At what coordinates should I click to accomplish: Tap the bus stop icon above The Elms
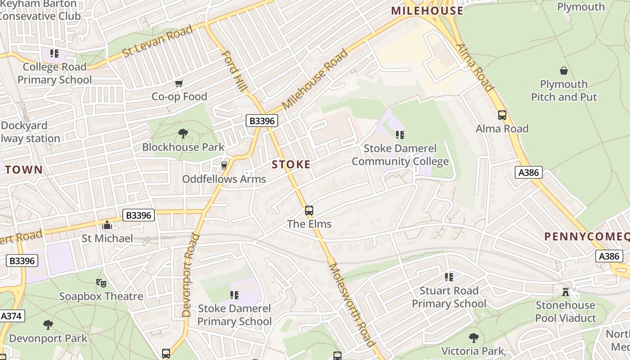pyautogui.click(x=309, y=211)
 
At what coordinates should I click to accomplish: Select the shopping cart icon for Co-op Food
pyautogui.click(x=179, y=84)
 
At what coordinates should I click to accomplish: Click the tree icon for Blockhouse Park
pyautogui.click(x=183, y=134)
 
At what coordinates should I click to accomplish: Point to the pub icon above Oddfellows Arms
pyautogui.click(x=224, y=166)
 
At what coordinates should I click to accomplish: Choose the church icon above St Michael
pyautogui.click(x=107, y=225)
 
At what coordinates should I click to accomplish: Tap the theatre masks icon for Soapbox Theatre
pyautogui.click(x=101, y=283)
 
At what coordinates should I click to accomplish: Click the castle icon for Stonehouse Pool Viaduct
pyautogui.click(x=566, y=292)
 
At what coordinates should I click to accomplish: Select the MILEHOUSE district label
pyautogui.click(x=427, y=11)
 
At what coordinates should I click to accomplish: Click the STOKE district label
pyautogui.click(x=291, y=165)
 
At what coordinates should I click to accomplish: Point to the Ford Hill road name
pyautogui.click(x=234, y=71)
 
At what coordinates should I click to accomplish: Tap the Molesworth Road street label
pyautogui.click(x=352, y=305)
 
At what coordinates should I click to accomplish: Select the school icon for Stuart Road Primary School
pyautogui.click(x=449, y=277)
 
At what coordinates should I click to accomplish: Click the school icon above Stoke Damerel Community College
pyautogui.click(x=400, y=135)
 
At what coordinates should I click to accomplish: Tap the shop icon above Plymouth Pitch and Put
pyautogui.click(x=563, y=71)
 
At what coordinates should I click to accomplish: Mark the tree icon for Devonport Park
pyautogui.click(x=48, y=324)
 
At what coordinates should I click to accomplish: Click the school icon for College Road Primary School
pyautogui.click(x=54, y=54)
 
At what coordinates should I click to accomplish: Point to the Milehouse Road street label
pyautogui.click(x=315, y=79)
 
